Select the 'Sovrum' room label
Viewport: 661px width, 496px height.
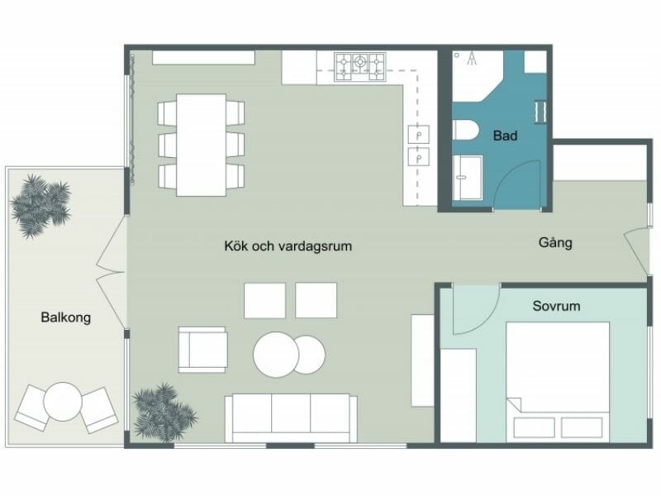(556, 306)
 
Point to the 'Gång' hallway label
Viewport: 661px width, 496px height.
(555, 244)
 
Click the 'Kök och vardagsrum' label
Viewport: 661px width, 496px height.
(283, 246)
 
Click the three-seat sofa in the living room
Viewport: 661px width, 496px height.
(291, 417)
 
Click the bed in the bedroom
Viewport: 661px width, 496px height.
(557, 380)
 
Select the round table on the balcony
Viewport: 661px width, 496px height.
(62, 403)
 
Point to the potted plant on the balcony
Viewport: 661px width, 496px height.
(39, 204)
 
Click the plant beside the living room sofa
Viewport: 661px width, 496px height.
(163, 410)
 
